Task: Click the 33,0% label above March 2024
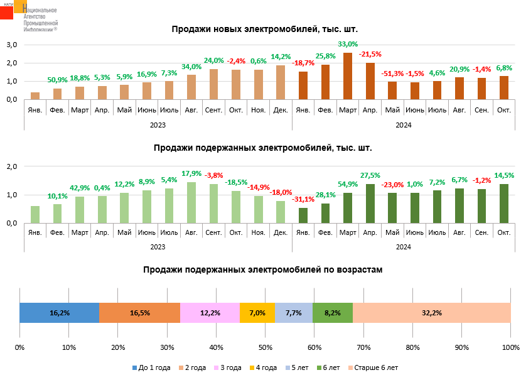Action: [348, 45]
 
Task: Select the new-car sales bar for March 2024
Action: [348, 76]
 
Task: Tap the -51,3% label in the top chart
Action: [392, 73]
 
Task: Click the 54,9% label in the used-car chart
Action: [348, 184]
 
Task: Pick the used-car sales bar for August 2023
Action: [191, 202]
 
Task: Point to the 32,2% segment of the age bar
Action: [432, 313]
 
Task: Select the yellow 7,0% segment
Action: [257, 313]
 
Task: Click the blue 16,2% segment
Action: [60, 313]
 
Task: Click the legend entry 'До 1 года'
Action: [150, 367]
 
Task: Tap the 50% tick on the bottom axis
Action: [266, 347]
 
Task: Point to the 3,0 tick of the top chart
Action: [11, 45]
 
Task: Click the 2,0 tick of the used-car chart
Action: [11, 166]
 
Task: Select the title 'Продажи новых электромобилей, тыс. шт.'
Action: [264, 29]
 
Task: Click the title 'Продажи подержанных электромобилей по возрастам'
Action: [262, 269]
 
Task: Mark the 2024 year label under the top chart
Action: [404, 124]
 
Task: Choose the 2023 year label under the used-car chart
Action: [158, 247]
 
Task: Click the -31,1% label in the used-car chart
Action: [303, 200]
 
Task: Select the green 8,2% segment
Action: [333, 313]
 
